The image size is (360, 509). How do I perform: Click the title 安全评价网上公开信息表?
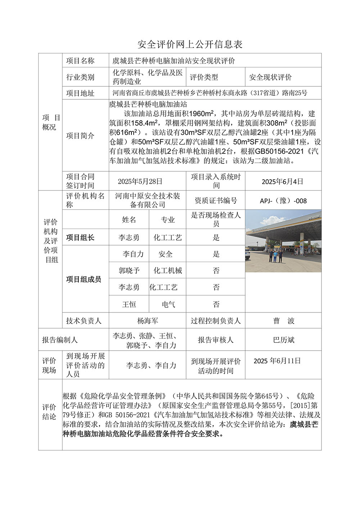[190, 44]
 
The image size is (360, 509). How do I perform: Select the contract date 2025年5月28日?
[140, 181]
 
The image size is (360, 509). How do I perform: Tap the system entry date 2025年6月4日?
[282, 181]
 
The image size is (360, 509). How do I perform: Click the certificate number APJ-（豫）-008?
[283, 201]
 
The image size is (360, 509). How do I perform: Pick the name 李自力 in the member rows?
[133, 254]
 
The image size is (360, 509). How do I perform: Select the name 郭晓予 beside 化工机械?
[129, 271]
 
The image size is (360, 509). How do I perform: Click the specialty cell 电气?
[168, 305]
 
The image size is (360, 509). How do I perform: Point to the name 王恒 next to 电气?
[129, 305]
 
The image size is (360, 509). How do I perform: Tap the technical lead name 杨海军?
[148, 321]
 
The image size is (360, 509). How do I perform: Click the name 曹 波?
[284, 321]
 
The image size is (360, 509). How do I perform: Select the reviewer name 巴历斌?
[284, 340]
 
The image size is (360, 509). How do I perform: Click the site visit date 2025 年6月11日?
[277, 361]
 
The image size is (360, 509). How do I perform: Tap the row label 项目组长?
[80, 238]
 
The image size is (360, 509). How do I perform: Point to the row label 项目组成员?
[84, 279]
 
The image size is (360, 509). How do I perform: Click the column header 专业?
[168, 220]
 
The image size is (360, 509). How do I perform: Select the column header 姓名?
[129, 220]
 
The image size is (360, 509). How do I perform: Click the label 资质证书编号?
[216, 201]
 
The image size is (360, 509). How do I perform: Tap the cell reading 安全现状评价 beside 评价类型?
[270, 77]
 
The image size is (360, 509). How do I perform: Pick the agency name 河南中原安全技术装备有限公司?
[148, 200]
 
